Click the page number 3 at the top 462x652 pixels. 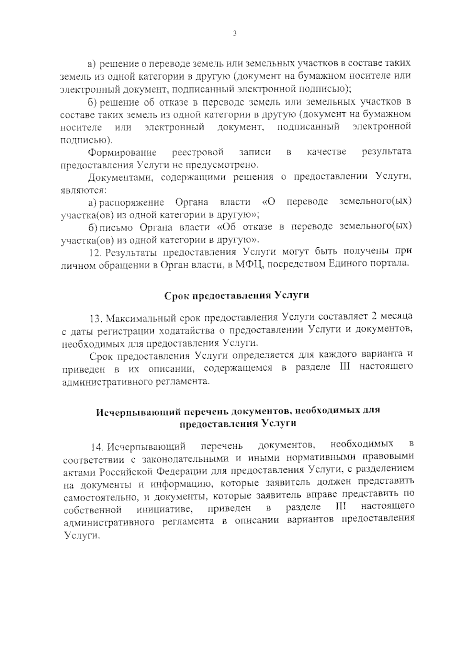pos(234,34)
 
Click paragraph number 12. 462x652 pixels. pos(95,252)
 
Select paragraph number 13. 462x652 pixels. pos(95,319)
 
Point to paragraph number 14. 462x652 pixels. pos(97,447)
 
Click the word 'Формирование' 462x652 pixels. pos(122,153)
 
